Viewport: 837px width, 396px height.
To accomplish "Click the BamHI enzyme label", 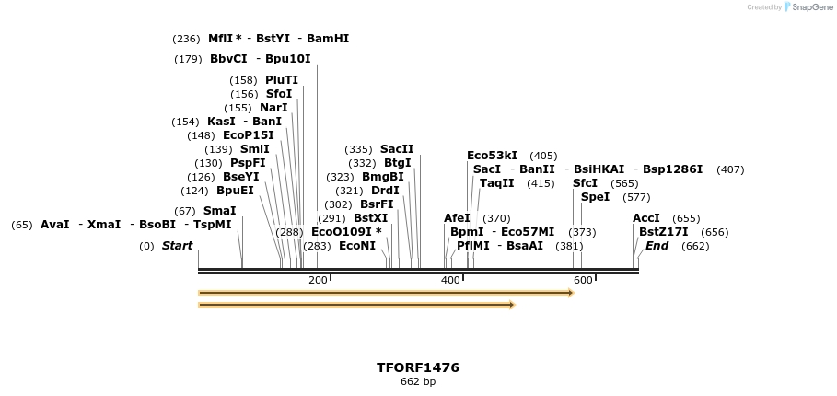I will tap(328, 39).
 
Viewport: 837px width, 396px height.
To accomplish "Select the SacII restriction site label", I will tap(397, 149).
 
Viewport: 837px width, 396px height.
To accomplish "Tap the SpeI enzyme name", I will tap(595, 197).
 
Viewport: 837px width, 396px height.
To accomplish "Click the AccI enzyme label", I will tap(646, 218).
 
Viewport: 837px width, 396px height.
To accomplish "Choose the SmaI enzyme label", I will tap(219, 211).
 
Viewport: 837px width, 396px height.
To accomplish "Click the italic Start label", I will tap(177, 246).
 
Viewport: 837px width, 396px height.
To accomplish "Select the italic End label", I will tap(657, 246).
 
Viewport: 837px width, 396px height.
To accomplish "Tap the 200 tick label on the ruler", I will tap(318, 280).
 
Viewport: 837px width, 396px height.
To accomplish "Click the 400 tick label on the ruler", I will tap(450, 280).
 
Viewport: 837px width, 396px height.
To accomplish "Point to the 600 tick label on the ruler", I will tap(583, 280).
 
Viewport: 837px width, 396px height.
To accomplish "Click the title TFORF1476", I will tap(418, 367).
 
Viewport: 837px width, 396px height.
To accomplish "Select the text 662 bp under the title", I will tap(418, 381).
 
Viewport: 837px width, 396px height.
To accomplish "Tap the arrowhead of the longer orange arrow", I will tap(571, 293).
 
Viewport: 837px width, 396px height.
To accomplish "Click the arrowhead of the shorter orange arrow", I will tap(512, 305).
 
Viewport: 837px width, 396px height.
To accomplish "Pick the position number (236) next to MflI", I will tap(186, 39).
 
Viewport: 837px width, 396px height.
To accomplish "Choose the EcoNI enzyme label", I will tap(357, 246).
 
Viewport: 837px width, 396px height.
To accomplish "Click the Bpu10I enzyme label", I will tap(287, 59).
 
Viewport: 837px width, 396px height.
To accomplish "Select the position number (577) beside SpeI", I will tap(636, 197).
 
